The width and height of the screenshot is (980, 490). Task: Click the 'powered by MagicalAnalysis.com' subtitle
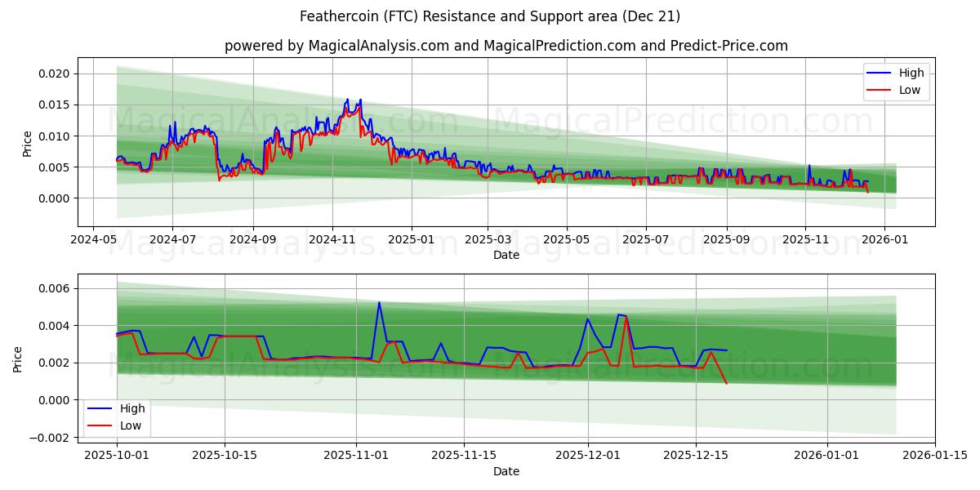click(x=506, y=46)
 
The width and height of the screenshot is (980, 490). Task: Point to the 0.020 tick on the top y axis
click(x=54, y=73)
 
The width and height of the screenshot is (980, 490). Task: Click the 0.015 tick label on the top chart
click(x=54, y=105)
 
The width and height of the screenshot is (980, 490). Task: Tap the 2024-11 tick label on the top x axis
click(x=332, y=240)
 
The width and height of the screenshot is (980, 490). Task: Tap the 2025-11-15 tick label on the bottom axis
click(x=464, y=456)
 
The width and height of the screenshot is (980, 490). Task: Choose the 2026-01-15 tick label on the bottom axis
click(x=934, y=456)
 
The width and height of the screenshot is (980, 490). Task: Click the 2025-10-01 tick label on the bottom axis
click(x=117, y=456)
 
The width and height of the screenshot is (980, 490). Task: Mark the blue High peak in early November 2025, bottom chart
click(x=379, y=302)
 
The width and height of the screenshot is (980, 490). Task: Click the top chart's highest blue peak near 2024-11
click(x=348, y=99)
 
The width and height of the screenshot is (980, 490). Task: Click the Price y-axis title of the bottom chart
click(x=18, y=358)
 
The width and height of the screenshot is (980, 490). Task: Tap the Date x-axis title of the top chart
click(x=506, y=256)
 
